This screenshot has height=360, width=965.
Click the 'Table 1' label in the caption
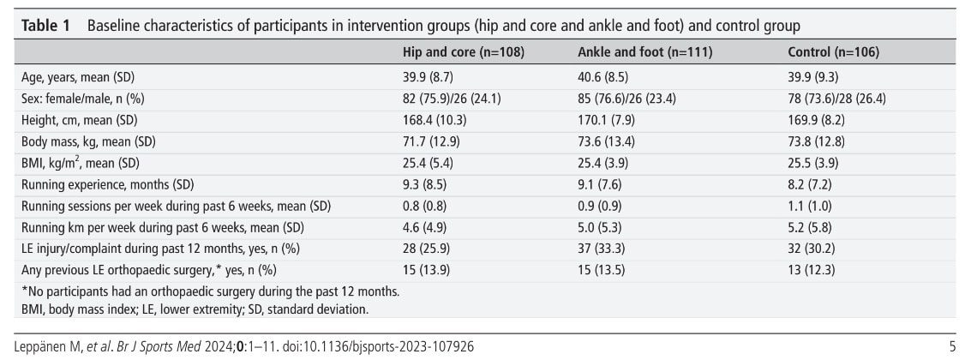pos(45,27)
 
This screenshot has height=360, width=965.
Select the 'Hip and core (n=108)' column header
pos(463,53)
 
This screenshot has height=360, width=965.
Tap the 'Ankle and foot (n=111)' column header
pos(645,53)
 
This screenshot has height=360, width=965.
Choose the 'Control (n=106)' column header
pos(833,53)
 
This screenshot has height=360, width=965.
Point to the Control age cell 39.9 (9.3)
pos(813,77)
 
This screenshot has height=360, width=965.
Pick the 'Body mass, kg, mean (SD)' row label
pos(88,141)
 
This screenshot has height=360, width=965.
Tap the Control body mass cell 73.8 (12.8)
pos(816,141)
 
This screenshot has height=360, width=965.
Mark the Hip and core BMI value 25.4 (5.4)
pos(428,163)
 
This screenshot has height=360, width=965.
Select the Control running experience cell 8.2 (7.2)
pos(810,184)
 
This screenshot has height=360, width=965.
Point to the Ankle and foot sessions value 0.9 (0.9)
pos(600,207)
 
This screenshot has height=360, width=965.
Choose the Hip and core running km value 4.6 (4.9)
pos(424,228)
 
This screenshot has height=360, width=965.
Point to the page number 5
pos(953,347)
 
